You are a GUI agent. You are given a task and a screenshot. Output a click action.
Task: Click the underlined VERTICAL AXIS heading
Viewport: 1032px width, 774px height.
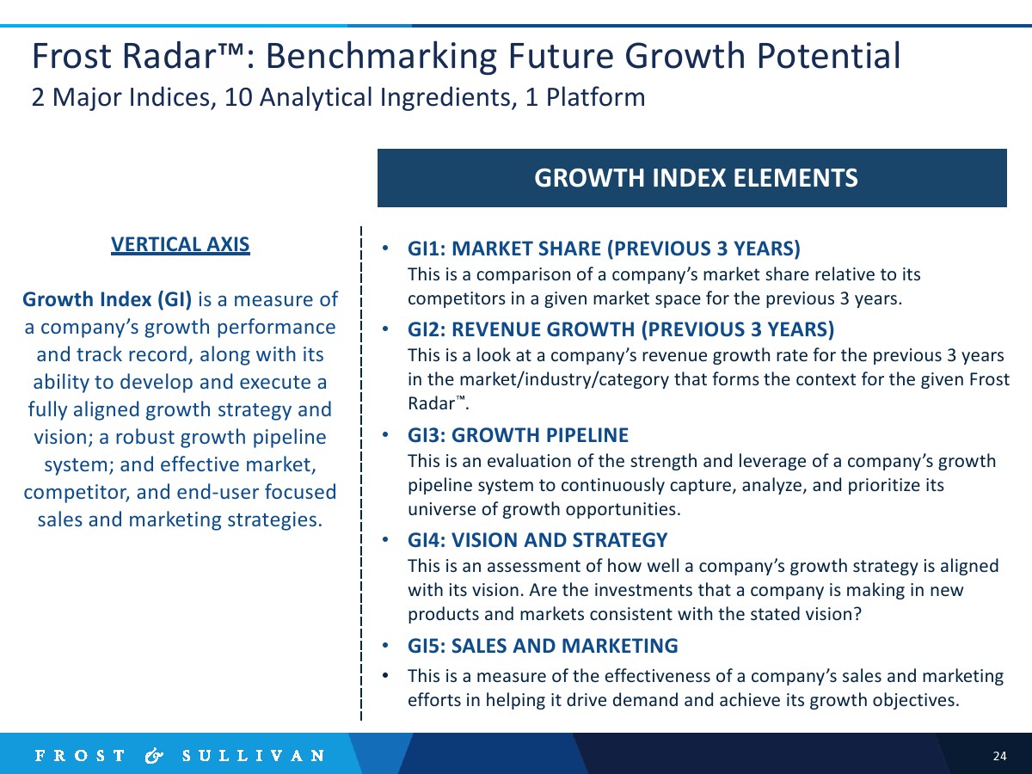pyautogui.click(x=180, y=245)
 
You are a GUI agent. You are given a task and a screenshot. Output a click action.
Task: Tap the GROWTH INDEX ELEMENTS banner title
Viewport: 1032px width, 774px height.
pyautogui.click(x=696, y=178)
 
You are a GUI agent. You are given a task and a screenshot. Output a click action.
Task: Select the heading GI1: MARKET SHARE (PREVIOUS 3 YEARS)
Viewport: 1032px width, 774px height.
pyautogui.click(x=604, y=249)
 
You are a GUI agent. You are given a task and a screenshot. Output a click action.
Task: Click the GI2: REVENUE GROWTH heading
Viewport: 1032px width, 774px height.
pyautogui.click(x=621, y=329)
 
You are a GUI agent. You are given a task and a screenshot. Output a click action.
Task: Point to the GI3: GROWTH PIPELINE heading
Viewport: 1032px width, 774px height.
pyautogui.click(x=518, y=435)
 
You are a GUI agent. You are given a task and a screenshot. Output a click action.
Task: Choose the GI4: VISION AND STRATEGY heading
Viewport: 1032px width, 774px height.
pyautogui.click(x=537, y=540)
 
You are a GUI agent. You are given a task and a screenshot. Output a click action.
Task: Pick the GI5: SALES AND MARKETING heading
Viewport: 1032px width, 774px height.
pyautogui.click(x=543, y=646)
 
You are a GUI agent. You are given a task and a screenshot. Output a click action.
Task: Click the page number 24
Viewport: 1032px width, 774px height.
pyautogui.click(x=999, y=756)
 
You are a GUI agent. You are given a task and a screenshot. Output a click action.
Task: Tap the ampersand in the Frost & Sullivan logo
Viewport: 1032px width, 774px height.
pyautogui.click(x=154, y=756)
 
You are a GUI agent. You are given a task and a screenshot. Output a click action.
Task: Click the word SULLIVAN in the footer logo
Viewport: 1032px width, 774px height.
pyautogui.click(x=254, y=756)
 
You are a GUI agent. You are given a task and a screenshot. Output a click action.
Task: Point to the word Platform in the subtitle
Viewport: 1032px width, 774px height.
pyautogui.click(x=595, y=97)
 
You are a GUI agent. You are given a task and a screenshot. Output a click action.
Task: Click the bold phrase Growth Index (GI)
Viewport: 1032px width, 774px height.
pyautogui.click(x=107, y=299)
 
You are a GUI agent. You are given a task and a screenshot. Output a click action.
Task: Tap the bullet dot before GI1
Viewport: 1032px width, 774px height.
pyautogui.click(x=385, y=248)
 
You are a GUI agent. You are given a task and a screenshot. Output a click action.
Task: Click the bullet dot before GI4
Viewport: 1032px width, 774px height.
pyautogui.click(x=385, y=539)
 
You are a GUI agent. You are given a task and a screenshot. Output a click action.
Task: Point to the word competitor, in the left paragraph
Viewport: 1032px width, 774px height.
pyautogui.click(x=77, y=493)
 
